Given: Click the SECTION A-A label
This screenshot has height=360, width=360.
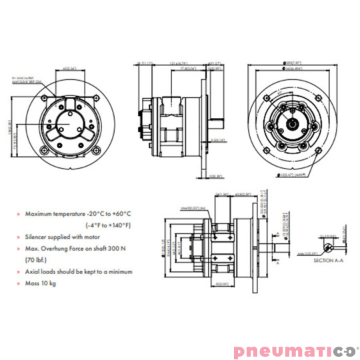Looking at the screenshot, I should [327, 261].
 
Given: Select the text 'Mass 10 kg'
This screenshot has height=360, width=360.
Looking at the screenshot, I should [41, 283].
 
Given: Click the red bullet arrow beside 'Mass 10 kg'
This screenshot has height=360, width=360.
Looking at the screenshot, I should [19, 283].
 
